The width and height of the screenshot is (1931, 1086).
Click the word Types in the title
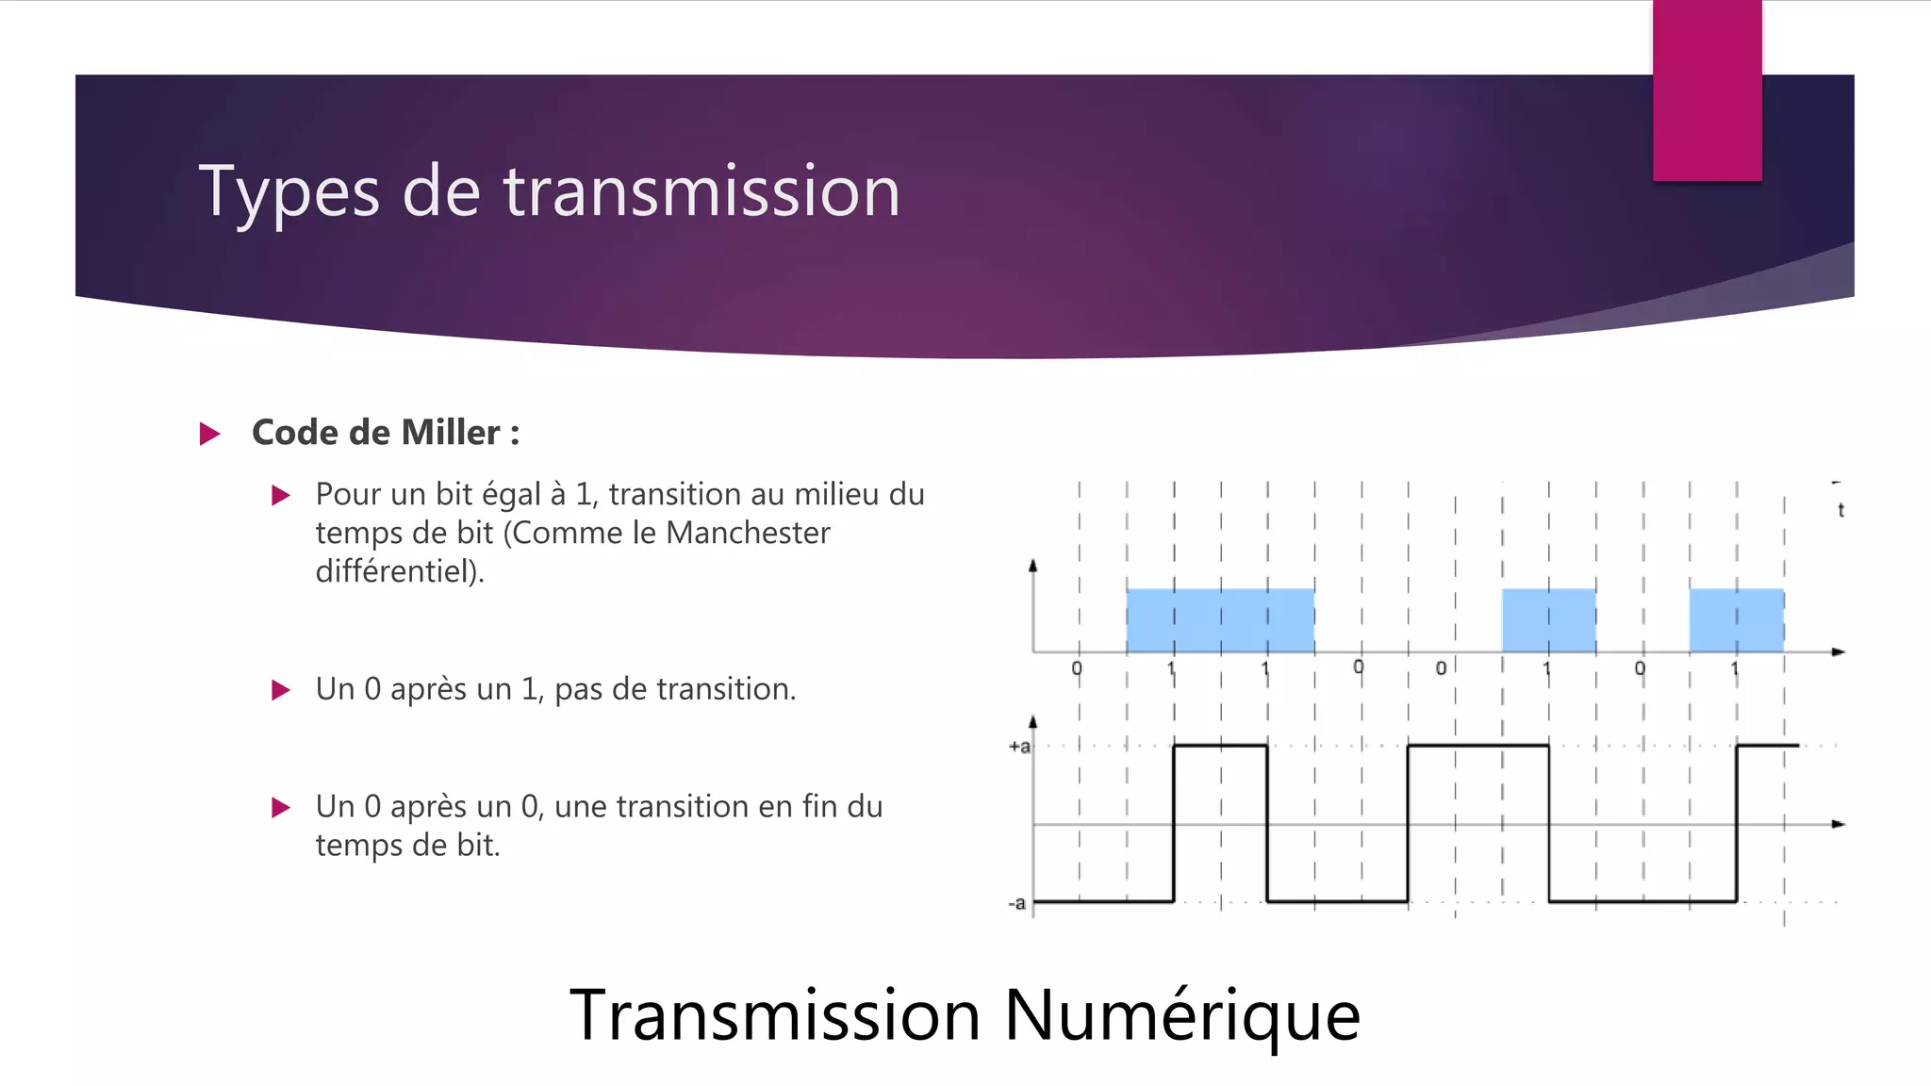pyautogui.click(x=289, y=192)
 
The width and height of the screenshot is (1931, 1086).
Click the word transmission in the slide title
pyautogui.click(x=701, y=192)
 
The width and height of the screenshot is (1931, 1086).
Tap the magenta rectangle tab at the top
pyautogui.click(x=1707, y=90)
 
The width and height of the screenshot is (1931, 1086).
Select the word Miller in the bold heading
pyautogui.click(x=450, y=433)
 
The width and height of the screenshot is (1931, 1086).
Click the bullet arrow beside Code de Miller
pyautogui.click(x=210, y=434)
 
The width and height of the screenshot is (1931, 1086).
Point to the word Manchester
pyautogui.click(x=748, y=533)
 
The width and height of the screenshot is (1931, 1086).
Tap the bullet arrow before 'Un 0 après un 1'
pyautogui.click(x=281, y=690)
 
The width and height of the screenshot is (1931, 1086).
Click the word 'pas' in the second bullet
pyautogui.click(x=578, y=690)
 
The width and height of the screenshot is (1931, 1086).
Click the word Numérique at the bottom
pyautogui.click(x=1182, y=1015)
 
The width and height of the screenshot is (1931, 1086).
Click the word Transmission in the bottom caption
pyautogui.click(x=775, y=1015)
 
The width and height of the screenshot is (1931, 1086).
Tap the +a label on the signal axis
pyautogui.click(x=1019, y=747)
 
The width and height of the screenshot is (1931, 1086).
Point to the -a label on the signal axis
pyautogui.click(x=1016, y=903)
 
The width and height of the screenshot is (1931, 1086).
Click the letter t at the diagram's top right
pyautogui.click(x=1840, y=510)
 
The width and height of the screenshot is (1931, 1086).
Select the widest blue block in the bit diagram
pyautogui.click(x=1220, y=620)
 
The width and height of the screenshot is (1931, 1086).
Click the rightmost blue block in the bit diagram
pyautogui.click(x=1736, y=620)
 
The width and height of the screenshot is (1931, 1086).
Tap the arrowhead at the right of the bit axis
pyautogui.click(x=1838, y=651)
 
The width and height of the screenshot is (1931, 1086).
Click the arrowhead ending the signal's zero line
pyautogui.click(x=1838, y=824)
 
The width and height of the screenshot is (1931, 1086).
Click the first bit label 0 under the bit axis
pyautogui.click(x=1077, y=668)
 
